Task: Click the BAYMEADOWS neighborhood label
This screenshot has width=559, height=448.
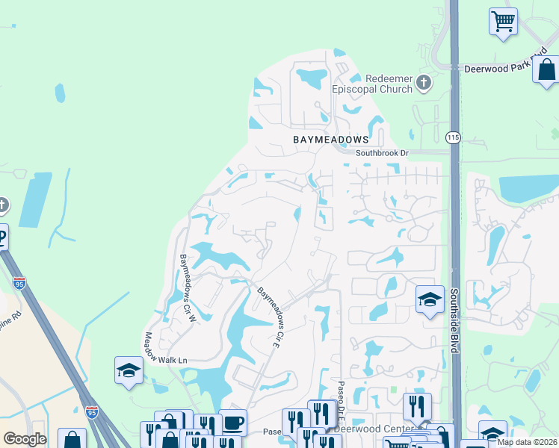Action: pos(331,140)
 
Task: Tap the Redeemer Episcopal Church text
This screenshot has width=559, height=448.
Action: pos(389,84)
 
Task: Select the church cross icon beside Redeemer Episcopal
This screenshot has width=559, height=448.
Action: pos(424,82)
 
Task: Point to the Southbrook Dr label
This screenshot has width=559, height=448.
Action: pos(383,153)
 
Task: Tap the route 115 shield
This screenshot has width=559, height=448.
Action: pos(453,137)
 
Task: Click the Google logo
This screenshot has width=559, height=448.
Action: pos(24,439)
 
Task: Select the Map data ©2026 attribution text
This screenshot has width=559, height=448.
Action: pos(527,442)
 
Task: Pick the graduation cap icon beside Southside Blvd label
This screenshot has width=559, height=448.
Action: pos(430,300)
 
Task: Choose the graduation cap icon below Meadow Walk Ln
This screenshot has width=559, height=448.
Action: pos(129,370)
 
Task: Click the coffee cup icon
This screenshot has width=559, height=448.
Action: pos(232,423)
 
